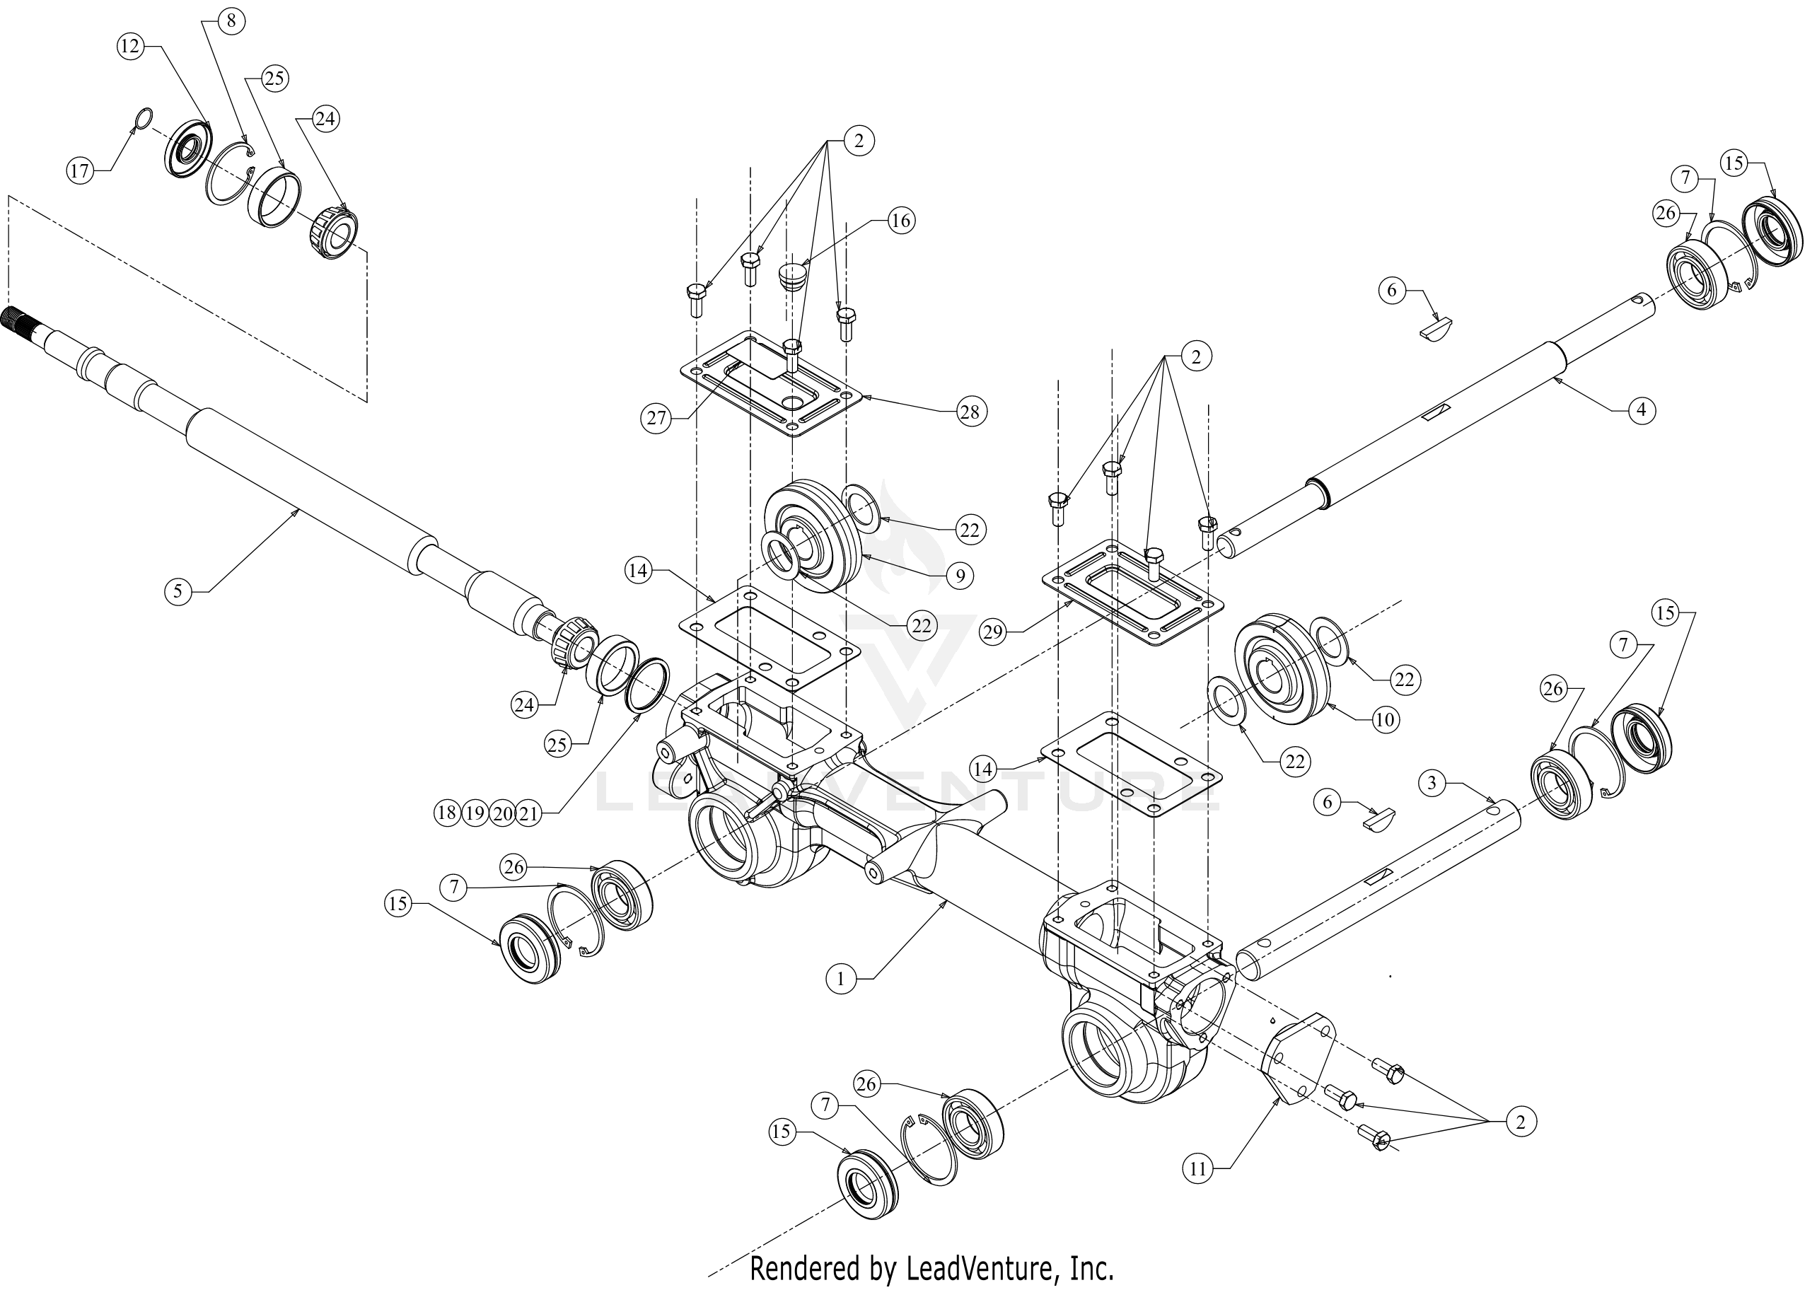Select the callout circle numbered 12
point(129,46)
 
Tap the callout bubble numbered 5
point(178,591)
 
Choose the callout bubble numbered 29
point(994,632)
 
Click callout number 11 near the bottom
point(1197,1168)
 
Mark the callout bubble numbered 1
point(840,980)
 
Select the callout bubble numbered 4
point(1642,411)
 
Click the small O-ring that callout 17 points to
point(140,118)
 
